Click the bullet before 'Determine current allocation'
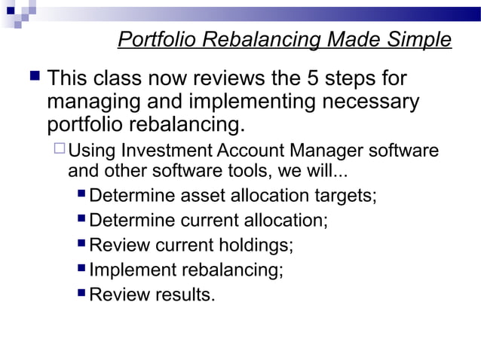click(x=81, y=220)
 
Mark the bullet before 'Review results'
click(x=81, y=293)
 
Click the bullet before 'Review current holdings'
click(x=81, y=244)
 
